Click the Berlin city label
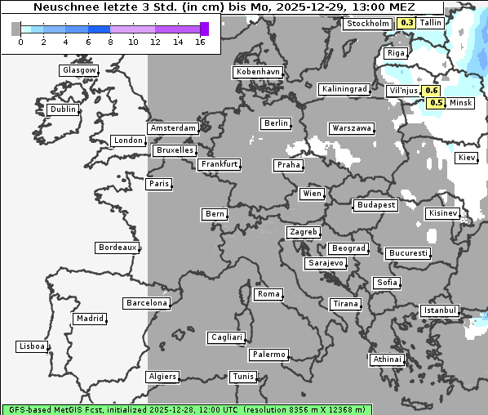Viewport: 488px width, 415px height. [276, 123]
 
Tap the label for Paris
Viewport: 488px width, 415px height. [159, 184]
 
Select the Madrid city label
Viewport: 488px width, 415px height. [89, 319]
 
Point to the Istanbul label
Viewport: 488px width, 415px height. [440, 310]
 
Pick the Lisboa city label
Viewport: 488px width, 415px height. [32, 346]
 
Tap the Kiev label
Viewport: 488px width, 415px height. [467, 158]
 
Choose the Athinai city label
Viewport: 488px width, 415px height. [387, 359]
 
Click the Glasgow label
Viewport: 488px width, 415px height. [78, 70]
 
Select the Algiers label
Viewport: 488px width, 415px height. [162, 377]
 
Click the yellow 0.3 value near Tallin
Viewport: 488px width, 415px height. [406, 23]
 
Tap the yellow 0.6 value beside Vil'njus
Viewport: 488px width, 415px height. [432, 91]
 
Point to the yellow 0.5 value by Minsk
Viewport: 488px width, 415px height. [437, 103]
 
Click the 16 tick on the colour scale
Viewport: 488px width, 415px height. [200, 42]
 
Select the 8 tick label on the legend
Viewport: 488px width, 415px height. [110, 42]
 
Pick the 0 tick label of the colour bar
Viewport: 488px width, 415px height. [20, 42]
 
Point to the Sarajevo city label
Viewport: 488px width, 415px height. [326, 263]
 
